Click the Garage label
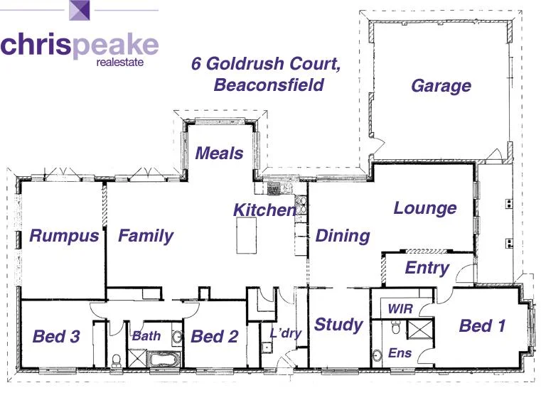click(441, 86)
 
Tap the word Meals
click(219, 153)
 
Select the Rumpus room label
click(64, 236)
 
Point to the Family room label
click(145, 236)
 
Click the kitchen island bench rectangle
click(247, 234)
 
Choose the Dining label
click(343, 236)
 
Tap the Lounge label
click(425, 208)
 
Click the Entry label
click(427, 268)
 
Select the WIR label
click(400, 309)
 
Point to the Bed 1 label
click(482, 326)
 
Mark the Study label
click(338, 325)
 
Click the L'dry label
click(286, 333)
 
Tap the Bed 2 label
click(214, 336)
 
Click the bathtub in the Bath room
click(166, 359)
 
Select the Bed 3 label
click(56, 336)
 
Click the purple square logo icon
click(79, 12)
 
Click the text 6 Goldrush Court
click(266, 63)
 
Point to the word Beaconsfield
click(268, 85)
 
